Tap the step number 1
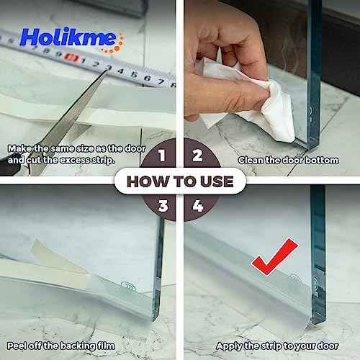[162, 154]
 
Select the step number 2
[197, 154]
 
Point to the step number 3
[162, 207]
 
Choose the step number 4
[197, 207]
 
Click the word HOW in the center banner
[148, 180]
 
